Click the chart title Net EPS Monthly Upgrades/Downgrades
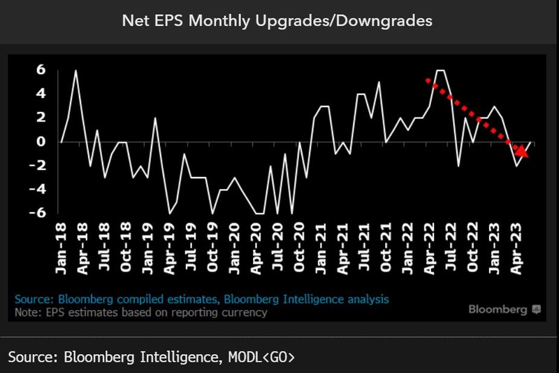(x=277, y=20)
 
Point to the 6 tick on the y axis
(x=41, y=70)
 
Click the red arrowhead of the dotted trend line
(x=521, y=150)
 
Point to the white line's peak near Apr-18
(x=75, y=71)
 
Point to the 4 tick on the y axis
(x=41, y=94)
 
